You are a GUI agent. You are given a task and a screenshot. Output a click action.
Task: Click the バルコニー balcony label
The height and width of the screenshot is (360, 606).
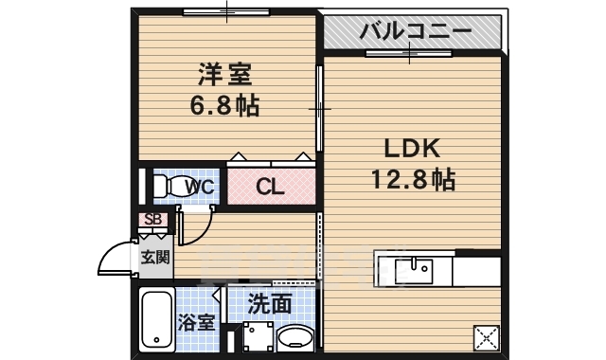pyautogui.click(x=415, y=31)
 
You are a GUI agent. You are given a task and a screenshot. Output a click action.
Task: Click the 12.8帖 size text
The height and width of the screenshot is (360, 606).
pyautogui.click(x=413, y=179)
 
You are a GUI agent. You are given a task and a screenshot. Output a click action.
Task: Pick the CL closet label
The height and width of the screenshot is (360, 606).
pyautogui.click(x=270, y=187)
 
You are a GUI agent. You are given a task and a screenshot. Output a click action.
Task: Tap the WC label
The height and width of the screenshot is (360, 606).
pyautogui.click(x=200, y=186)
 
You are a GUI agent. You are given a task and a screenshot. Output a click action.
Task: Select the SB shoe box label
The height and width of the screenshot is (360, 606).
pyautogui.click(x=151, y=220)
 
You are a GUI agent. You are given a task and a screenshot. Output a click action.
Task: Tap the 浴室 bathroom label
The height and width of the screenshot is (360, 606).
pyautogui.click(x=196, y=321)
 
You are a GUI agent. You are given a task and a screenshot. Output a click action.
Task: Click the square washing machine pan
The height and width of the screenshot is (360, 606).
pyautogui.click(x=253, y=339)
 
